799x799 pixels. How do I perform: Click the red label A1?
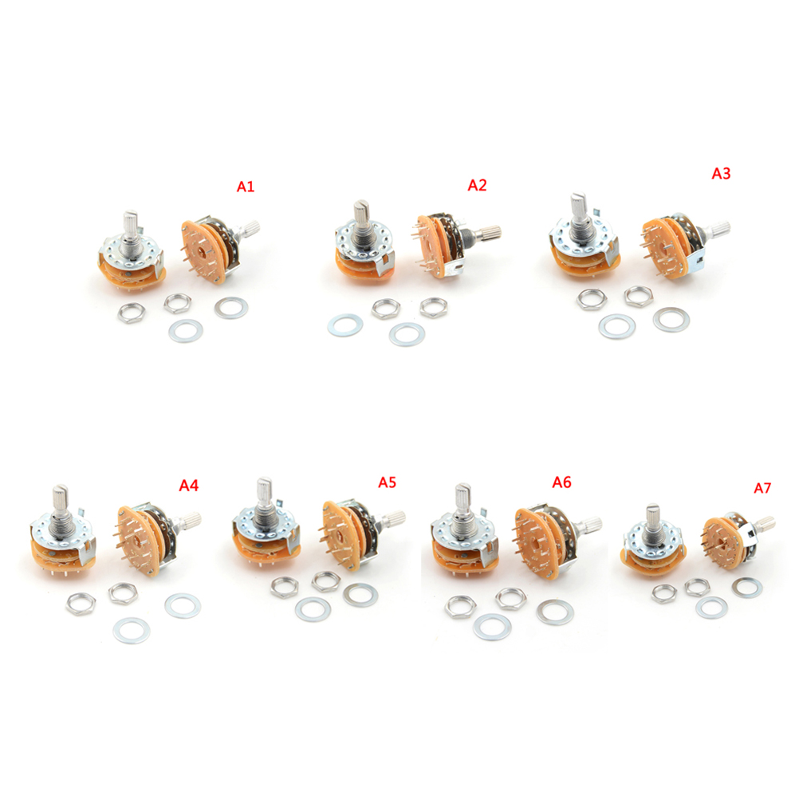[245, 187]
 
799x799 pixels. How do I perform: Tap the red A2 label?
[477, 185]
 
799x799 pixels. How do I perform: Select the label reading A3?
[721, 174]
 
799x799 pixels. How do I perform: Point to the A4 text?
[188, 485]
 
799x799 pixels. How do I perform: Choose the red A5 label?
[387, 482]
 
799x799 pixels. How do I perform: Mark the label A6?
[561, 482]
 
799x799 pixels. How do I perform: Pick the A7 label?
[762, 488]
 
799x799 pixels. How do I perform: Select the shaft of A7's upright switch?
[652, 519]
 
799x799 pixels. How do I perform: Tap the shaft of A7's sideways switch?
[762, 525]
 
